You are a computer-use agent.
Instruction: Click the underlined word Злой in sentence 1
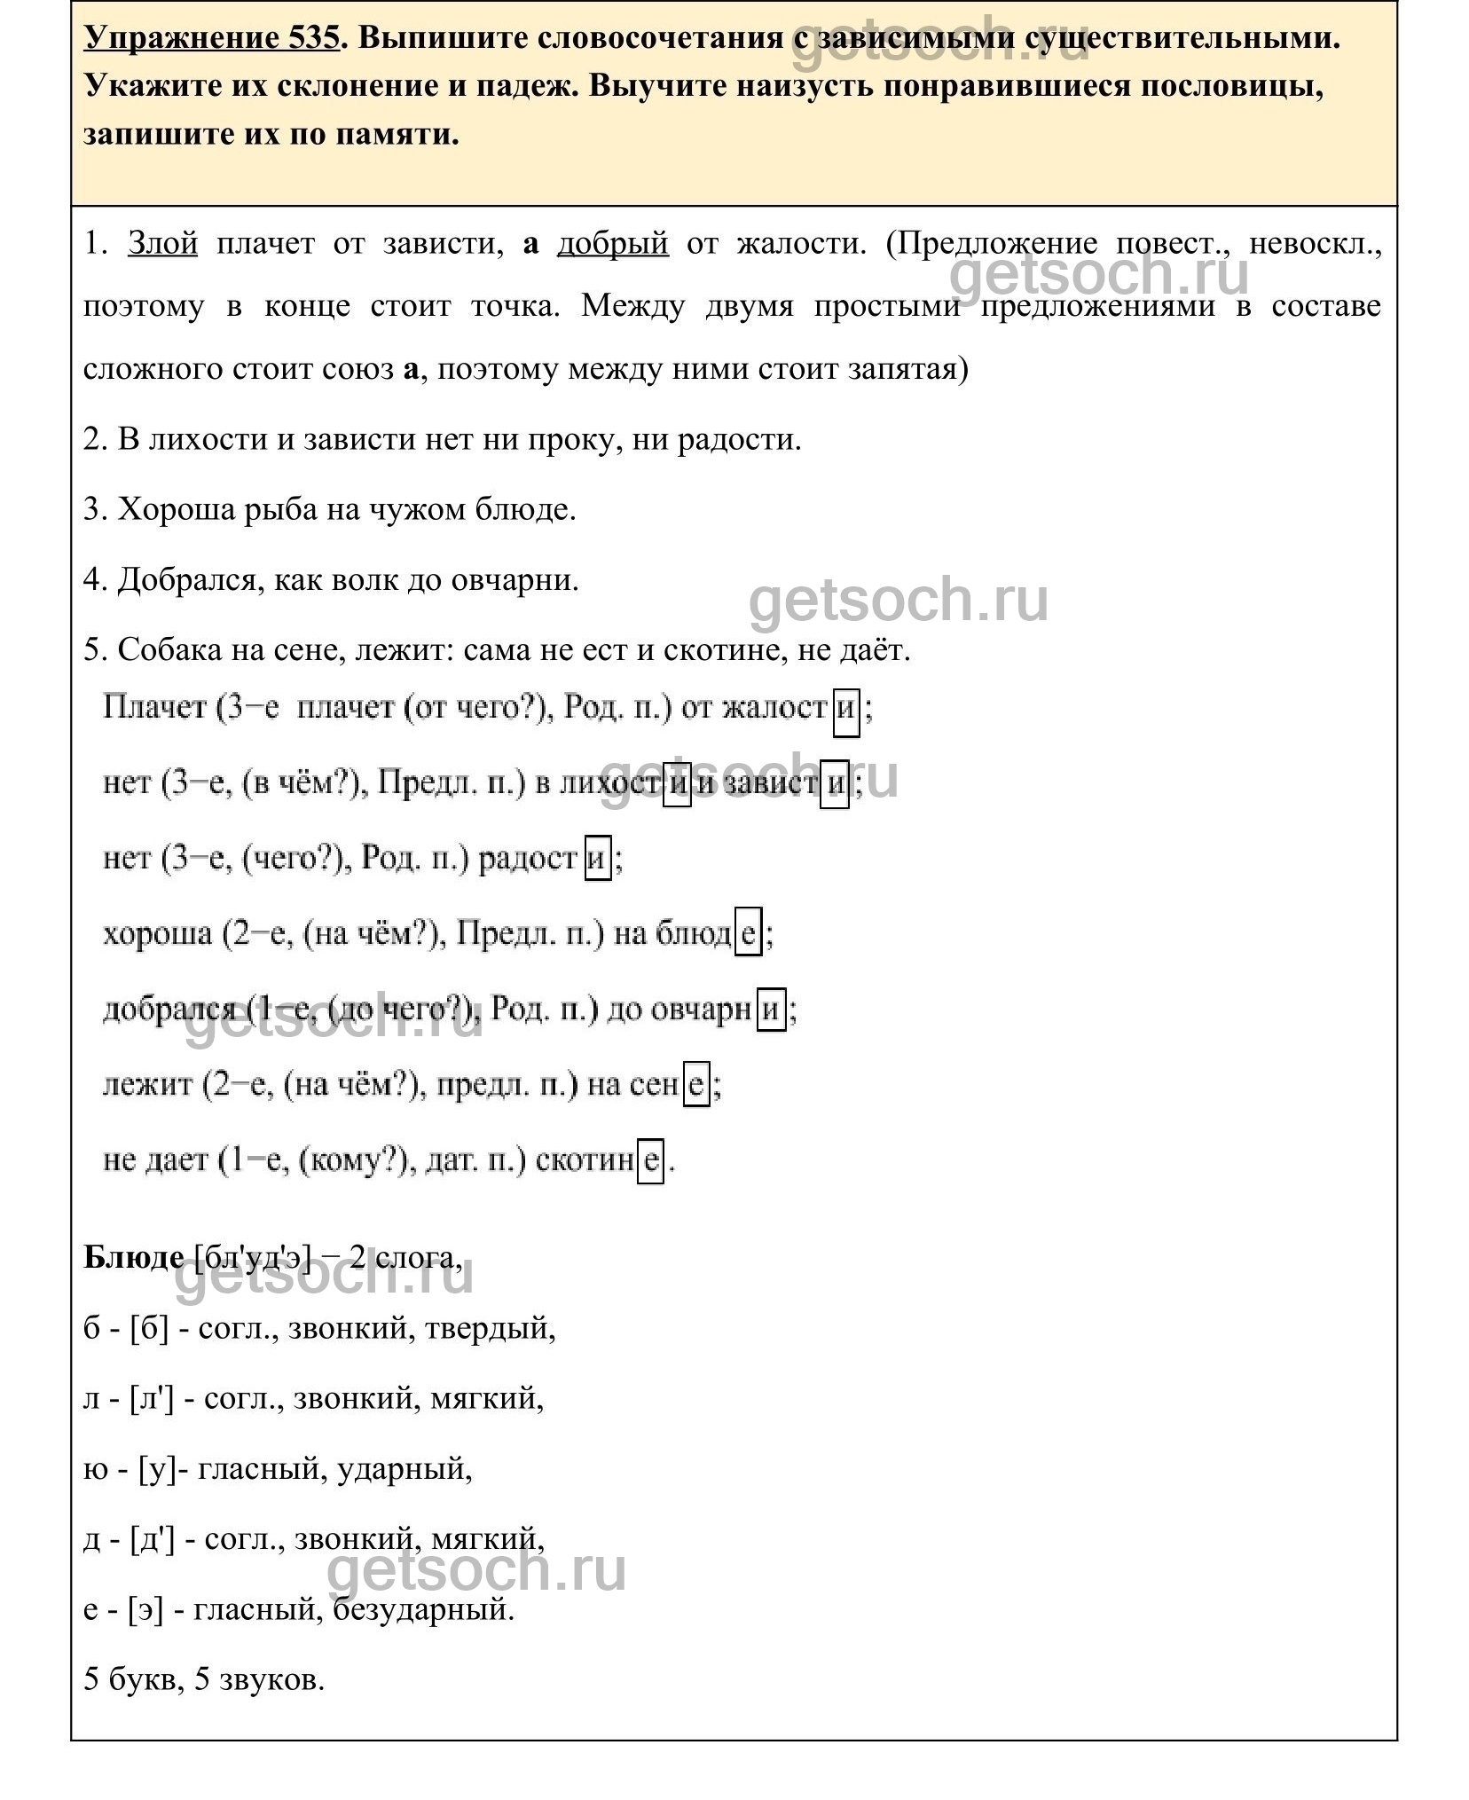click(163, 243)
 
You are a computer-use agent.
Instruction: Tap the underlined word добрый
click(612, 243)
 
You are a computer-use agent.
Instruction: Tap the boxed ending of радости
click(597, 859)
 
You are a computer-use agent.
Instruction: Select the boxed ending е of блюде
click(748, 934)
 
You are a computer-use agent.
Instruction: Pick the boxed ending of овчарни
click(771, 1010)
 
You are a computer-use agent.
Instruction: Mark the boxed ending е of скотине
click(650, 1160)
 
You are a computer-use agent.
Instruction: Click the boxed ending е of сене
click(696, 1085)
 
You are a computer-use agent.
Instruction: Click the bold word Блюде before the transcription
click(133, 1257)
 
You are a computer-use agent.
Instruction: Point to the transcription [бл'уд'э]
click(252, 1258)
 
